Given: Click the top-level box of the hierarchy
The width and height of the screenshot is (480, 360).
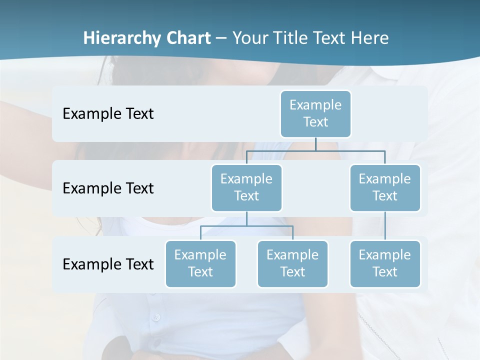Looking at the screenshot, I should pos(315,114).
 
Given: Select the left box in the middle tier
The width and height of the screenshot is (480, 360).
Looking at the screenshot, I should pos(246,188).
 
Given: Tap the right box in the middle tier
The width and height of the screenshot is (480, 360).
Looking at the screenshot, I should pos(385,188).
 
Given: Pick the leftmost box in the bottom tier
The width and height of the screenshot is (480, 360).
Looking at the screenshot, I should pos(200,264).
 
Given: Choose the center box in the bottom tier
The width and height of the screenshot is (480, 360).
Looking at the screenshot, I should pos(292,264).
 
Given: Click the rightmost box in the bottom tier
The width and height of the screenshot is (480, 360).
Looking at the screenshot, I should pos(385,264).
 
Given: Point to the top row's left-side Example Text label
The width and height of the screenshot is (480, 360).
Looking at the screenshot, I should pos(108,114).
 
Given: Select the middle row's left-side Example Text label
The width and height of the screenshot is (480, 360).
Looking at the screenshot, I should pos(108,188).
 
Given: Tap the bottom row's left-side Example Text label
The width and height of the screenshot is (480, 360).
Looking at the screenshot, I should pos(108,264).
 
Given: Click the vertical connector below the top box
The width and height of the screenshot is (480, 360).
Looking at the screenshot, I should pos(315,144).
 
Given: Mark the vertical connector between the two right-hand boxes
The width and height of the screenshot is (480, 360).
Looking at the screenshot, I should pos(385,226).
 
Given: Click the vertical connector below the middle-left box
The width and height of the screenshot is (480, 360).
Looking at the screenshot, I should pos(246,218).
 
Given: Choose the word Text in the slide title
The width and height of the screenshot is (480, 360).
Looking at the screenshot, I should pos(333,38).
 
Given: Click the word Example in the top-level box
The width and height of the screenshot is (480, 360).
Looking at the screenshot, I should pos(315,105).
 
